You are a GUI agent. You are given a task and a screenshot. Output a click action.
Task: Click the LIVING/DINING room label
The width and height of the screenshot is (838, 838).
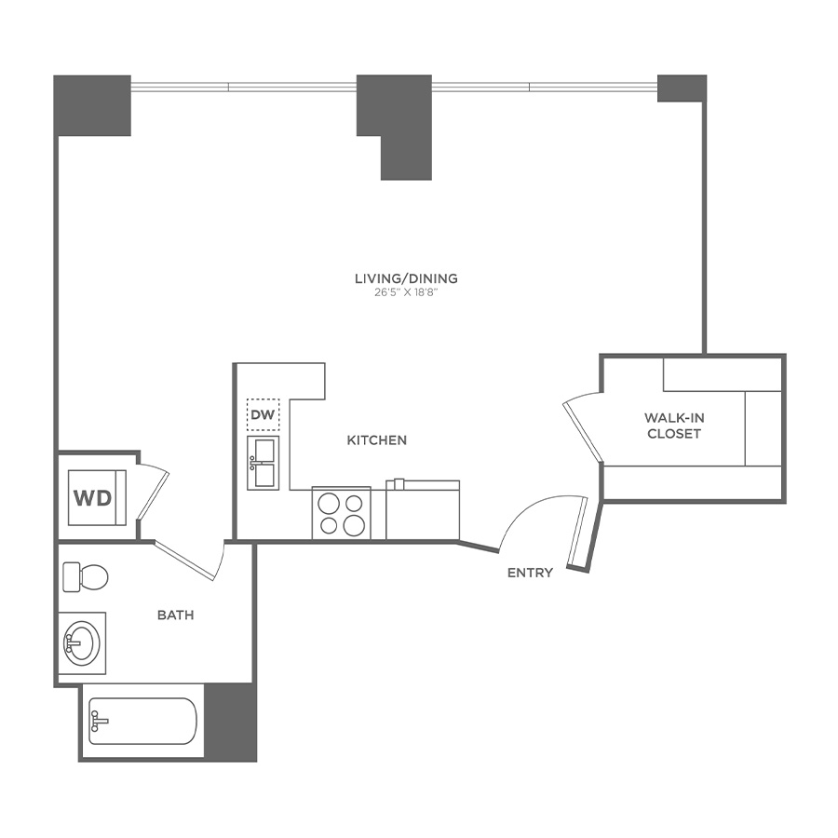pyautogui.click(x=406, y=278)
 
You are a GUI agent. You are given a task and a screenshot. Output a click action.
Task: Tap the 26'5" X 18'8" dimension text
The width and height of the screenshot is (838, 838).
pyautogui.click(x=406, y=292)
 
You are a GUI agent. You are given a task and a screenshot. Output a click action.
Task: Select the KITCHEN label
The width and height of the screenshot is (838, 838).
pyautogui.click(x=377, y=439)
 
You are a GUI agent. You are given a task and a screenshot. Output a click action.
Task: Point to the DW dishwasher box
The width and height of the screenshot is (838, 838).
pyautogui.click(x=263, y=414)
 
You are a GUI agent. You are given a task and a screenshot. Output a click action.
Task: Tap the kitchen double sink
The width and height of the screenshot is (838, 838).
pyautogui.click(x=263, y=462)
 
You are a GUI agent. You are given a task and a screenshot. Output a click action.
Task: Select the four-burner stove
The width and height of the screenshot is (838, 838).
pyautogui.click(x=341, y=513)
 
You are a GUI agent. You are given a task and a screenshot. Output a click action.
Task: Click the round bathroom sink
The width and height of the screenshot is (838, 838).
pyautogui.click(x=82, y=643)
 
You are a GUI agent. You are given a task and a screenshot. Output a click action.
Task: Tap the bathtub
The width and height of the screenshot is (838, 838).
pyautogui.click(x=142, y=721)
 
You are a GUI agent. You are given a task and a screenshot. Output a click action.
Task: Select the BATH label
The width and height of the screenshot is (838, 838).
pyautogui.click(x=175, y=615)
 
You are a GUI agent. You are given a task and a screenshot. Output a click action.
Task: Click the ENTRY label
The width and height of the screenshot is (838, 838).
pyautogui.click(x=530, y=573)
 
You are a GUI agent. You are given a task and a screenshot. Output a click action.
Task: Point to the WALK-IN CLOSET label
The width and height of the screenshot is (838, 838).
pyautogui.click(x=674, y=426)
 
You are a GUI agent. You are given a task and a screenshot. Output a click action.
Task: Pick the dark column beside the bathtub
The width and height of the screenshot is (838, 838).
pyautogui.click(x=229, y=721)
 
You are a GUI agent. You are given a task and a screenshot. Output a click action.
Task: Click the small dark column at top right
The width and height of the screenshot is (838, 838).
pyautogui.click(x=682, y=88)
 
